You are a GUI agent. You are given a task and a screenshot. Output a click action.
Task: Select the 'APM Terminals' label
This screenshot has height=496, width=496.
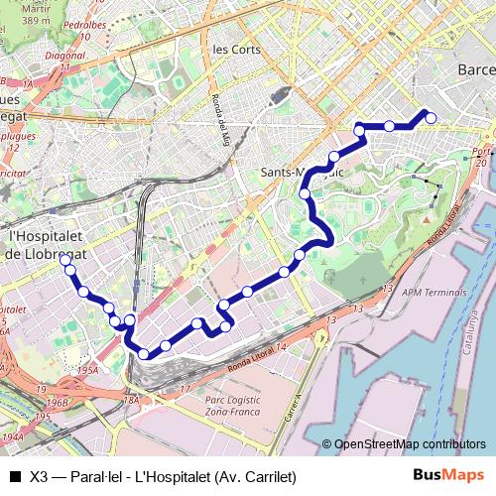(433, 293)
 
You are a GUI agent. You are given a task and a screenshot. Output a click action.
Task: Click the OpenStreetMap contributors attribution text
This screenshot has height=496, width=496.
(409, 443)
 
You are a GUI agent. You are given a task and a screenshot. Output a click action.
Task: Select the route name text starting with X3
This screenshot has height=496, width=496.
(164, 475)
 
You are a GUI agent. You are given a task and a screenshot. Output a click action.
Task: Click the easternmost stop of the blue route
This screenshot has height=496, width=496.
(431, 118)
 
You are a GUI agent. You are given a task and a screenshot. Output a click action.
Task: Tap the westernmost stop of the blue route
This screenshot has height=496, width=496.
(65, 260)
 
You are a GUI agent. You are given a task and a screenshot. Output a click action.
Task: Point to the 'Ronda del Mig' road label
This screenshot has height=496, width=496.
(218, 119)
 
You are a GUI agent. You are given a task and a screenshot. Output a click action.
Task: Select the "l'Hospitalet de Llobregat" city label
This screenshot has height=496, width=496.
(47, 245)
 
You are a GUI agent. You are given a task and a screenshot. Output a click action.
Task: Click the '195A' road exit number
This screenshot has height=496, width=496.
(88, 369)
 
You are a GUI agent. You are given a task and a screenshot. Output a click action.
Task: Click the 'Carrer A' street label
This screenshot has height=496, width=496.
(294, 408)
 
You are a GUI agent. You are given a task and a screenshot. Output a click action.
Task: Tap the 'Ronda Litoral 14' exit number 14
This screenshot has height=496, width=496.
(281, 347)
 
